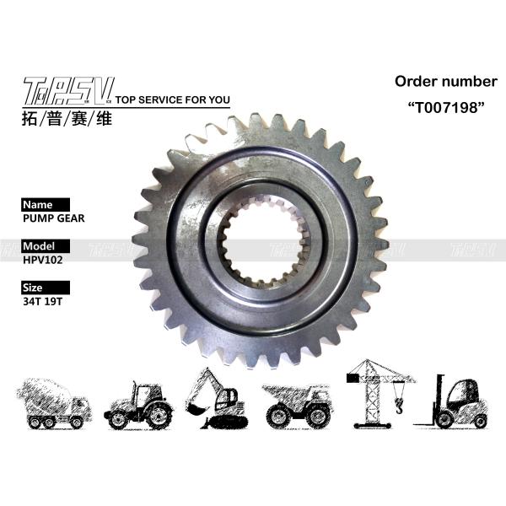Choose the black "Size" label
click(33, 287)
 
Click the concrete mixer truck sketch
click(52, 401)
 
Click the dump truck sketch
click(299, 404)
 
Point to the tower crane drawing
click(375, 392)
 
